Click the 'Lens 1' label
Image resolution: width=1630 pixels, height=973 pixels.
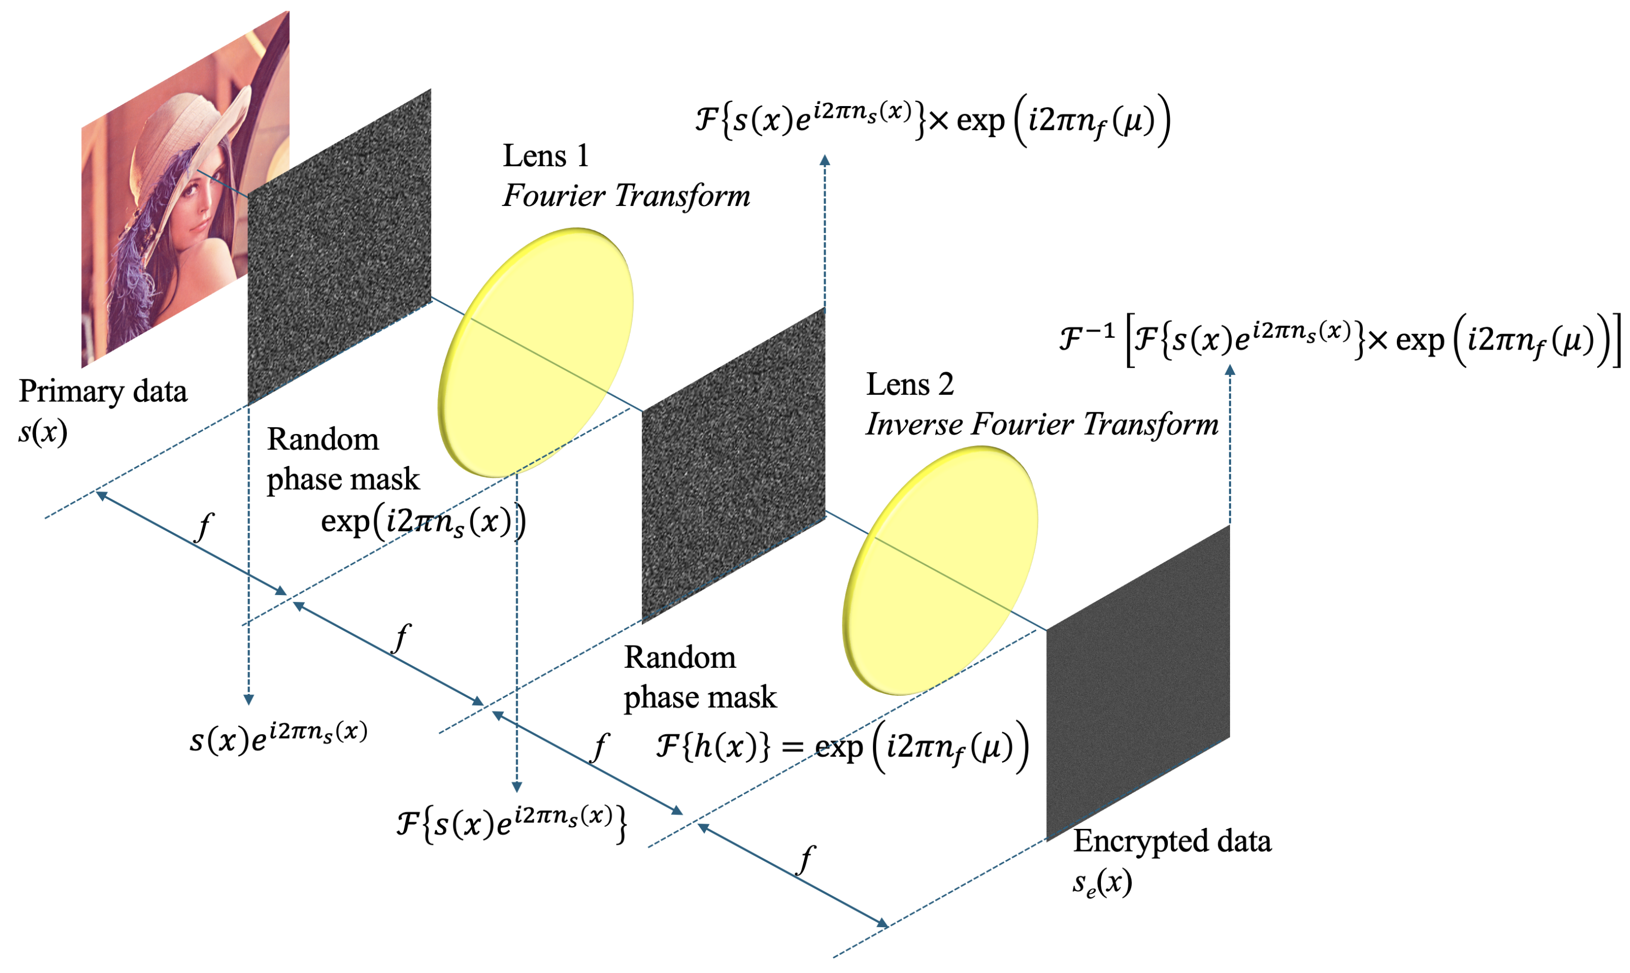(545, 156)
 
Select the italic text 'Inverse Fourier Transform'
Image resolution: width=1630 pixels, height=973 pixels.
(1041, 424)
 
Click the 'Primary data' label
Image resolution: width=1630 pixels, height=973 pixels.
(103, 391)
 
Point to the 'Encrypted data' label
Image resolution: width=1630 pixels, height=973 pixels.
(1171, 841)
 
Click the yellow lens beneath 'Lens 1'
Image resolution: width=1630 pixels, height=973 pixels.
(535, 352)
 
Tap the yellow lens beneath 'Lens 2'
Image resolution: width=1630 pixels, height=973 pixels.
(940, 570)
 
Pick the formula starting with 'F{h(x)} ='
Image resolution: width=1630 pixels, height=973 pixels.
(842, 748)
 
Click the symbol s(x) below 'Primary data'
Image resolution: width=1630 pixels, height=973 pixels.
(43, 432)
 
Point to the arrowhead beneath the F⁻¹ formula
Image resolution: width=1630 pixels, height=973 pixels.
(1230, 371)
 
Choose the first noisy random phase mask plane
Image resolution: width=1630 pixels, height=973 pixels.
(339, 246)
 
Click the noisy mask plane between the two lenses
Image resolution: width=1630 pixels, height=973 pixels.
(733, 465)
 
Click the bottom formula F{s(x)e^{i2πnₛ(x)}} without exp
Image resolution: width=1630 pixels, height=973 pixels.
(511, 823)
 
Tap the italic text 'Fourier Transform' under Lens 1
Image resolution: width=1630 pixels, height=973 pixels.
(626, 196)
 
